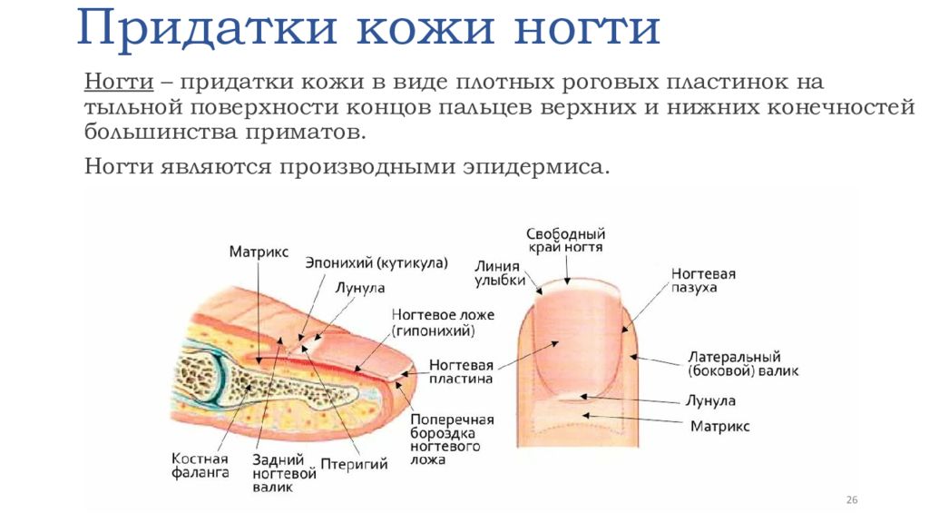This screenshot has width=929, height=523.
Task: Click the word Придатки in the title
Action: (207, 27)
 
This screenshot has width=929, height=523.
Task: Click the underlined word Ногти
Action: (119, 81)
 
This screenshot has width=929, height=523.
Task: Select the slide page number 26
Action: (851, 500)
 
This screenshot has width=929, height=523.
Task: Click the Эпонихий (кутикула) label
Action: (376, 262)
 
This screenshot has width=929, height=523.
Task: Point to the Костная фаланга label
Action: (200, 466)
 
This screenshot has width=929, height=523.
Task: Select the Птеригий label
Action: (354, 464)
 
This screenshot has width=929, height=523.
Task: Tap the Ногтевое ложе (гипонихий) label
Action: (442, 322)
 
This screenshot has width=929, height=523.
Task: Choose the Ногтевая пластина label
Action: (461, 371)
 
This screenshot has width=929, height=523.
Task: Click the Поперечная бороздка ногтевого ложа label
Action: (452, 439)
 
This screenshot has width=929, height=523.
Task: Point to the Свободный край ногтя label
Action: (566, 241)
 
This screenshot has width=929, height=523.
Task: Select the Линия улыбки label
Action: (500, 273)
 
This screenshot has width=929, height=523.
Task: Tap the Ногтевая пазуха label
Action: (703, 281)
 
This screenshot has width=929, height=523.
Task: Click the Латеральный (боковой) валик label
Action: (743, 364)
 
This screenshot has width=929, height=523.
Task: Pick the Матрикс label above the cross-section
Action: (259, 252)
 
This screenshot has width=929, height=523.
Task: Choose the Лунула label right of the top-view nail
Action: (710, 400)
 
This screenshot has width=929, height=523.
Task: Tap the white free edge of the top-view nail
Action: (578, 288)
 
